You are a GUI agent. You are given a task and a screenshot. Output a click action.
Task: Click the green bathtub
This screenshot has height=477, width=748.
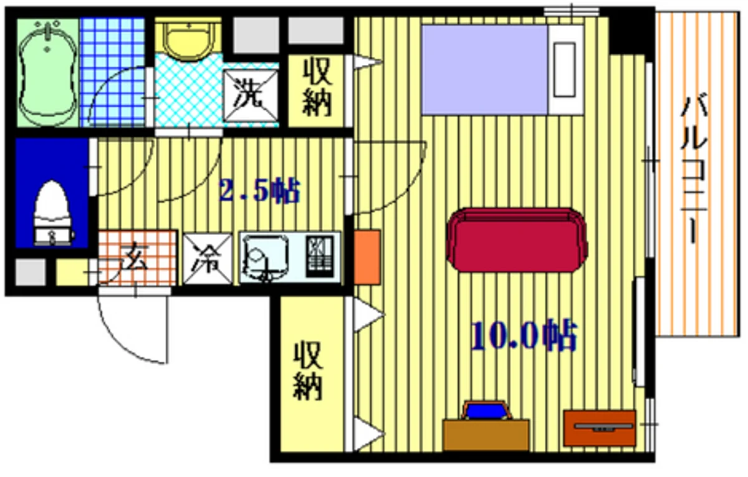(47, 72)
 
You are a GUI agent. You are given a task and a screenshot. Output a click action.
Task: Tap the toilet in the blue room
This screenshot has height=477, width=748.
(53, 213)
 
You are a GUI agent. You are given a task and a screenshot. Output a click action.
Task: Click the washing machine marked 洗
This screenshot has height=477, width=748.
(251, 95)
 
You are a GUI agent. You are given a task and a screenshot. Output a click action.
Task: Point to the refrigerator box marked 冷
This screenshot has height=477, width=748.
(208, 259)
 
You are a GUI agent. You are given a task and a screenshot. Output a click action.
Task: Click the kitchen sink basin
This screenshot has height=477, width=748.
(265, 257)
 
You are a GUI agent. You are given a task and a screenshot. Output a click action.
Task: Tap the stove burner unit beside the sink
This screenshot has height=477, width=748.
(320, 256)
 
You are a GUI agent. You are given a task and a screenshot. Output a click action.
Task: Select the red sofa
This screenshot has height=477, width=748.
(516, 240)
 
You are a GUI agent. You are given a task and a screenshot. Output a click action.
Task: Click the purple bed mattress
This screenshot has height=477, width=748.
(484, 69)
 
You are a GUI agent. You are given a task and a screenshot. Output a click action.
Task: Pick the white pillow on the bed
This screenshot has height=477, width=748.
(564, 69)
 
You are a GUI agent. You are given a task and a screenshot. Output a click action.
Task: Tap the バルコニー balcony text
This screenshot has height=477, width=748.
(694, 170)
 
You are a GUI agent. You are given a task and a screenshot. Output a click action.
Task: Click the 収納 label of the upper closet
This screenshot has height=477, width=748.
(317, 87)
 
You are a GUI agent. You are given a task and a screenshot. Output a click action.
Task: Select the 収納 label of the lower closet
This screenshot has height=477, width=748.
(308, 370)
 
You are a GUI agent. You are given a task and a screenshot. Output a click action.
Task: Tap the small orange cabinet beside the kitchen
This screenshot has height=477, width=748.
(367, 257)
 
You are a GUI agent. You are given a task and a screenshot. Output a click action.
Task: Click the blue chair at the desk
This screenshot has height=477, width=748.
(486, 411)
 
